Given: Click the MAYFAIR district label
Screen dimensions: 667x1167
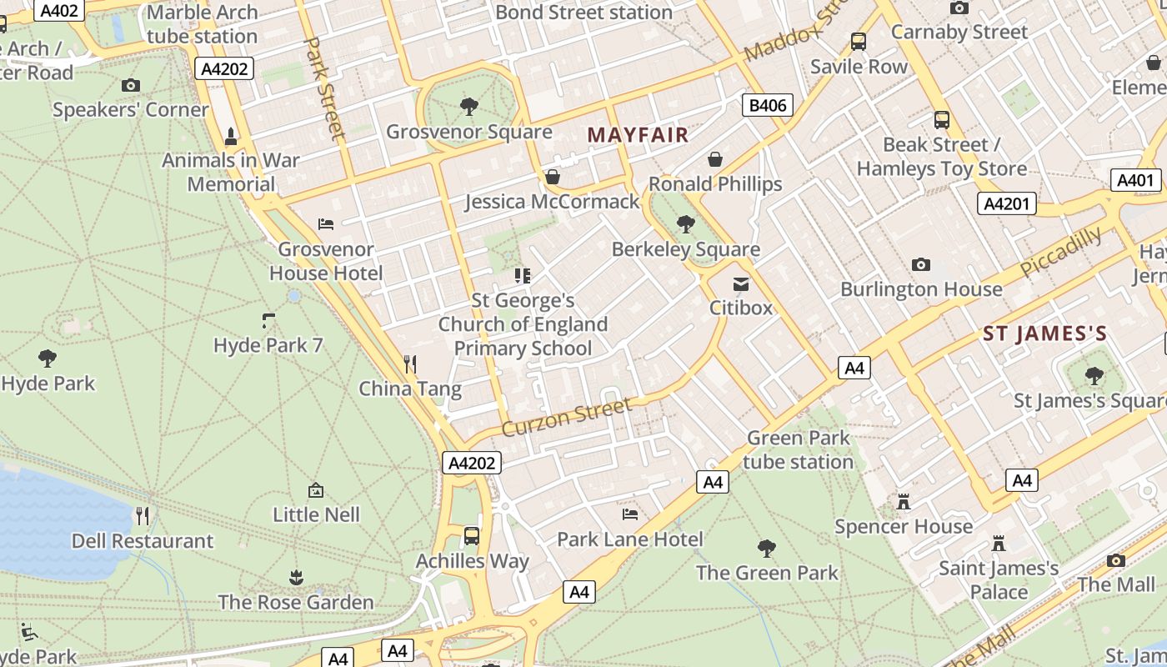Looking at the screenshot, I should pos(638,134).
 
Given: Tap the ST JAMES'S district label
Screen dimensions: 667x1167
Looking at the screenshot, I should pos(1044,334).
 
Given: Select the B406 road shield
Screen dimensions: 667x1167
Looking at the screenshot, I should pos(767,105).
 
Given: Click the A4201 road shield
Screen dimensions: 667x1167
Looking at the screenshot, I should pos(1008,203).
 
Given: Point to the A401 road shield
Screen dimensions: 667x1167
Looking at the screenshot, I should pos(1135,180).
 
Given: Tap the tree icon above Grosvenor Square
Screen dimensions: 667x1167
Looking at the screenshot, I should pos(468,107).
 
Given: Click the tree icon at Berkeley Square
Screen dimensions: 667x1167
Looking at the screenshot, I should pos(685,223).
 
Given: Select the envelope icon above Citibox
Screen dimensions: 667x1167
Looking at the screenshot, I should pos(740,283).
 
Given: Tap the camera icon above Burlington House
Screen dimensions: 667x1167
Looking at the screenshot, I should pos(920,264).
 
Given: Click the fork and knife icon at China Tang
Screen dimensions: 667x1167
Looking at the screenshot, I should pos(409,364).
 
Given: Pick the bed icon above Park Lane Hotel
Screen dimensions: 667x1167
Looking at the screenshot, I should pos(630,514).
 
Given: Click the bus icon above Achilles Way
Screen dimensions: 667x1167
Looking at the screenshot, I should pos(472,535).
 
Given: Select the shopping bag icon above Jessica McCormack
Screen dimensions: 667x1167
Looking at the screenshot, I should pos(552,177).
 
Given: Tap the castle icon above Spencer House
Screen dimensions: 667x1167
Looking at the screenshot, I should pos(903,502).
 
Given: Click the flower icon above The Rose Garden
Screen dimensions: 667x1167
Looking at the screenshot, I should pos(295,577).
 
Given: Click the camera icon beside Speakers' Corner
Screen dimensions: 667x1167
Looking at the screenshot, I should pos(130,85).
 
